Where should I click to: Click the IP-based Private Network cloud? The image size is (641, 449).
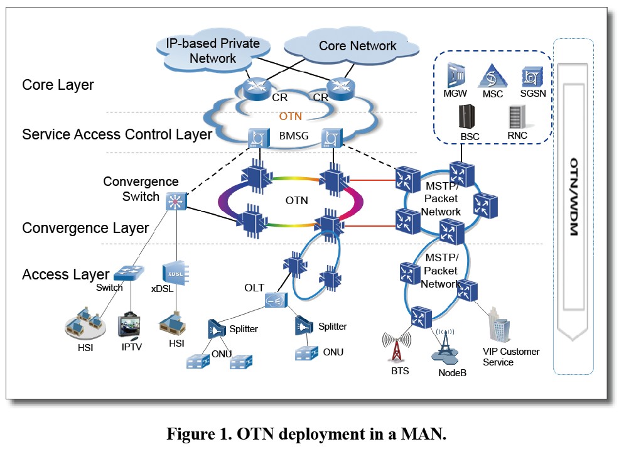pyautogui.click(x=212, y=51)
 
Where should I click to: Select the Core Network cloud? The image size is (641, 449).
pyautogui.click(x=357, y=47)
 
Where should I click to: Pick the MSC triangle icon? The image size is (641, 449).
pyautogui.click(x=493, y=77)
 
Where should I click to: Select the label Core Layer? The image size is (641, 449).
pyautogui.click(x=58, y=85)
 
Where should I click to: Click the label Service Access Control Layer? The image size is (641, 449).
pyautogui.click(x=117, y=134)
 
